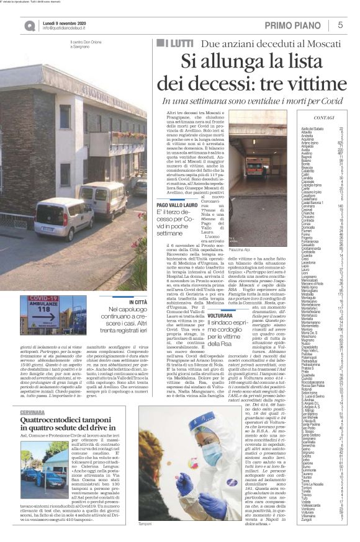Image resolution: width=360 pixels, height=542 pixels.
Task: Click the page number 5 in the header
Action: [340, 25]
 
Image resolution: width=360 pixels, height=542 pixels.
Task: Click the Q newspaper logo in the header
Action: [30, 25]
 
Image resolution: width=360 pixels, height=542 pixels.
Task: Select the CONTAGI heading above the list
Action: [324, 117]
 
